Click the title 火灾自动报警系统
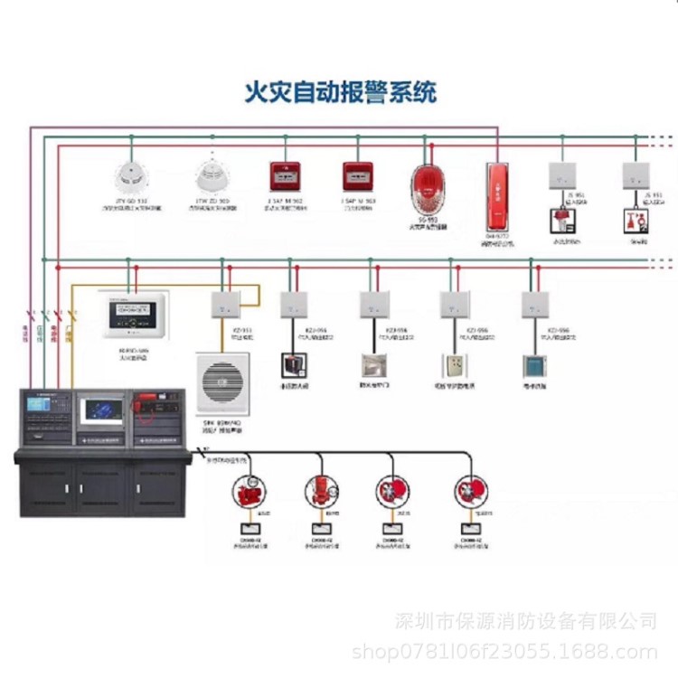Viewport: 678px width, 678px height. click(x=341, y=92)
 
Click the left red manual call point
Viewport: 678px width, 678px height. click(x=286, y=175)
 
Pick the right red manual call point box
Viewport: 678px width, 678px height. click(x=357, y=175)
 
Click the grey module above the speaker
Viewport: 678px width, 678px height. click(x=222, y=305)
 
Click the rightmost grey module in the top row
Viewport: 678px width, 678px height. click(x=636, y=175)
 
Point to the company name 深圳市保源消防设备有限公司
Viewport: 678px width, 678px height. click(x=528, y=621)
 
